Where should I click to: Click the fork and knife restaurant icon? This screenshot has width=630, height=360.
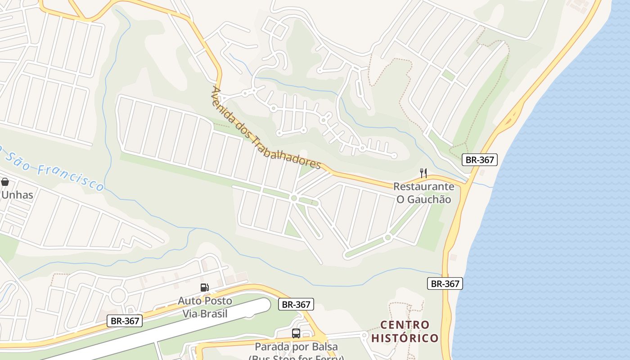(423, 173)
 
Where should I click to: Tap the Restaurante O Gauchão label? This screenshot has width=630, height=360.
(423, 193)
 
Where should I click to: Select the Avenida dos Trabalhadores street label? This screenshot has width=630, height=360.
(265, 128)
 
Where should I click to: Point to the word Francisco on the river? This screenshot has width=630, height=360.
(71, 177)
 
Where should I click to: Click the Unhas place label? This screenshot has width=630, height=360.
(17, 195)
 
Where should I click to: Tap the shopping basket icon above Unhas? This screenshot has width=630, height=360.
(5, 182)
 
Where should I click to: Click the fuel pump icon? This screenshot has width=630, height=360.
(204, 287)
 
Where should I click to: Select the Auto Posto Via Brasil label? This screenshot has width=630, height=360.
(205, 307)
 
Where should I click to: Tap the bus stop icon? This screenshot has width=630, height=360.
(296, 333)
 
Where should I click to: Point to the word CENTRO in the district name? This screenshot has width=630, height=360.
(405, 325)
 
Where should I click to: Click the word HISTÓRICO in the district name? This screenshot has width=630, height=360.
(405, 338)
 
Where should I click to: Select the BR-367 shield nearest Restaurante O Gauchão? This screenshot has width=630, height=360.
(480, 159)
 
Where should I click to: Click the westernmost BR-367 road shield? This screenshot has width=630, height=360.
(125, 321)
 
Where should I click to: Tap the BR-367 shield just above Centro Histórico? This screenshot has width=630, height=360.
(445, 283)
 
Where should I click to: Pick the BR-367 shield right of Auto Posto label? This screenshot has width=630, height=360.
(296, 304)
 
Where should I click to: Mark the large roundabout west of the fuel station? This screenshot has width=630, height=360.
(118, 296)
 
